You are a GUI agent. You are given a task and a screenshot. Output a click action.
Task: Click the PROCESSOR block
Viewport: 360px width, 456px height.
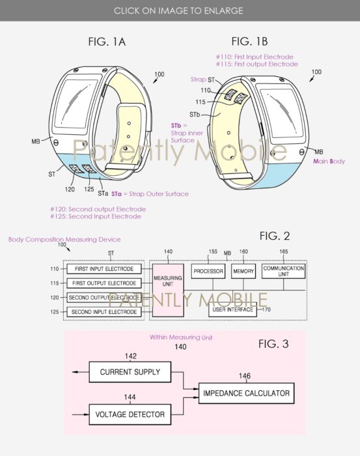tap(208, 271)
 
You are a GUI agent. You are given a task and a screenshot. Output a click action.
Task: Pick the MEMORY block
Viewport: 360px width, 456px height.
tap(243, 271)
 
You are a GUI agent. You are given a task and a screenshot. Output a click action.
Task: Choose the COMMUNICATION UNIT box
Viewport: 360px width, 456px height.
tap(283, 271)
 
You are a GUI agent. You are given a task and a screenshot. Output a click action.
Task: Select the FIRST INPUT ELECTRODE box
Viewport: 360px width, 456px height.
tap(104, 269)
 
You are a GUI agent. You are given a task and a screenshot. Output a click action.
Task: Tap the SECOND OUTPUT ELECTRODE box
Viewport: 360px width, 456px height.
tap(104, 298)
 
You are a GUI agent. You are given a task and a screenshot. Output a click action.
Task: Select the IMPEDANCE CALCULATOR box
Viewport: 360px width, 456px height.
tap(245, 393)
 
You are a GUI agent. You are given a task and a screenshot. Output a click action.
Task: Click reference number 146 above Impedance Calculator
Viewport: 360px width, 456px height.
tap(244, 377)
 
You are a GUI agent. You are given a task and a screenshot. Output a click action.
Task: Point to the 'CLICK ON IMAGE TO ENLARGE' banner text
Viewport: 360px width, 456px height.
tap(180, 10)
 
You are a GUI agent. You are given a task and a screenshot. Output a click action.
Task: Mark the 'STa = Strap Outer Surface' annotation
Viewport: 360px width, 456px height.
tap(150, 193)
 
